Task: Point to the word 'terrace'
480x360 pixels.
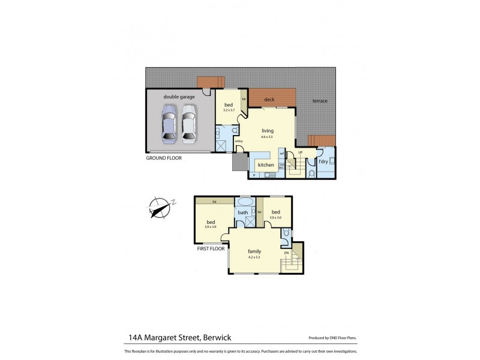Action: [320, 101]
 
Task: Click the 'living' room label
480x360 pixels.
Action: [267, 130]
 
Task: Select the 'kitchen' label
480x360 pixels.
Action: [266, 164]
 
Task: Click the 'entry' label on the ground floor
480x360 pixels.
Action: [239, 142]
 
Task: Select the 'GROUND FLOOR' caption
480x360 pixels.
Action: [164, 158]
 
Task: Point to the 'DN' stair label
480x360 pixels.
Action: [286, 253]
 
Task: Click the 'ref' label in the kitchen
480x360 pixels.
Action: [281, 154]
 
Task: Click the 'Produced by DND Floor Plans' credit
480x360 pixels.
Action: [333, 338]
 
